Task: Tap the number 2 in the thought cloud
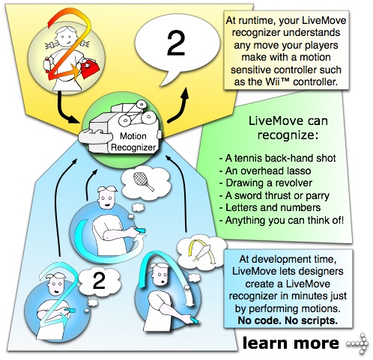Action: point(99,280)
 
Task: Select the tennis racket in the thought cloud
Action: point(143,181)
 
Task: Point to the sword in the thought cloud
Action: point(200,252)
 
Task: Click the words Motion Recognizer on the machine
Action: point(133,141)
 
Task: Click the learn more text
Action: point(291,343)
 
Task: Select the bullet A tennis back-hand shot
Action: point(277,158)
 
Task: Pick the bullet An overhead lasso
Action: point(265,171)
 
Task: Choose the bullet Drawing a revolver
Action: point(266,183)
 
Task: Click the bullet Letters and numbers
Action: point(270,208)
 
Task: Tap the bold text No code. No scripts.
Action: point(288,320)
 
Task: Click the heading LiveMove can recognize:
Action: point(288,128)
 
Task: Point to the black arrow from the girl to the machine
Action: point(65,110)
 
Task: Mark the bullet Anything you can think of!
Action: point(282,221)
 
